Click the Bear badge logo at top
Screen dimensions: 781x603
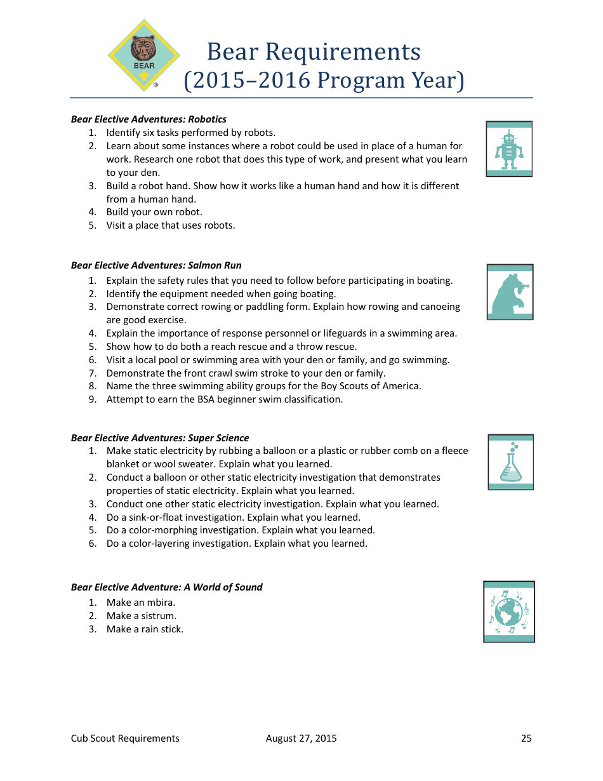[144, 56]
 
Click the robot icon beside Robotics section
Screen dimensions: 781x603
[509, 149]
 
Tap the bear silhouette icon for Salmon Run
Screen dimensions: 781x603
[510, 292]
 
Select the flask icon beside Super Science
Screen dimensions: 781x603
[510, 462]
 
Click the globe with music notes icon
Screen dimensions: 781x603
[509, 612]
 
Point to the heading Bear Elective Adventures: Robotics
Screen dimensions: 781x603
[149, 119]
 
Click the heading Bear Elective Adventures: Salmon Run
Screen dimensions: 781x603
[156, 265]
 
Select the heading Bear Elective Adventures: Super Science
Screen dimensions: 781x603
[160, 438]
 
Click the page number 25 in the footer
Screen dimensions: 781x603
[526, 738]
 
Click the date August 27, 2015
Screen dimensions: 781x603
[301, 738]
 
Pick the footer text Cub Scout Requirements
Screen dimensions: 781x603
[125, 738]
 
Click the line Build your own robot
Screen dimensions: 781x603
[154, 212]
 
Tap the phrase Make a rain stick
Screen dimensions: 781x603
[145, 629]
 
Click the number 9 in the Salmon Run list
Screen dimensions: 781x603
[92, 399]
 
